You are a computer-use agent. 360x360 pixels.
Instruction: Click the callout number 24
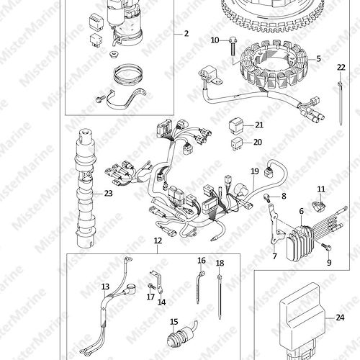pyautogui.click(x=340, y=318)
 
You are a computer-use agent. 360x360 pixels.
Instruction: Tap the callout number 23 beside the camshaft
pyautogui.click(x=108, y=193)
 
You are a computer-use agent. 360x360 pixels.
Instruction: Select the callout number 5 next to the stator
pyautogui.click(x=318, y=58)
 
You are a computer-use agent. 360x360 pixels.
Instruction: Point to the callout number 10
pyautogui.click(x=215, y=40)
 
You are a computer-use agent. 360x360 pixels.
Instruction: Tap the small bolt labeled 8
pyautogui.click(x=266, y=198)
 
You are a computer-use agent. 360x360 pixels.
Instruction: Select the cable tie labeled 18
pyautogui.click(x=220, y=297)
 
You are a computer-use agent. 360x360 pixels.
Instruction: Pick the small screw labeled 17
pyautogui.click(x=151, y=287)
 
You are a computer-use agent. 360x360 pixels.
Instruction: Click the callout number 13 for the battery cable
pyautogui.click(x=105, y=287)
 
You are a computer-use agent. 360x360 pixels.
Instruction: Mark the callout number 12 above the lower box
pyautogui.click(x=158, y=240)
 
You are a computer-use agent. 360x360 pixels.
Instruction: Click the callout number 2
pyautogui.click(x=186, y=33)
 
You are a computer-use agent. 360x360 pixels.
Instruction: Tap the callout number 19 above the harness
pyautogui.click(x=255, y=171)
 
